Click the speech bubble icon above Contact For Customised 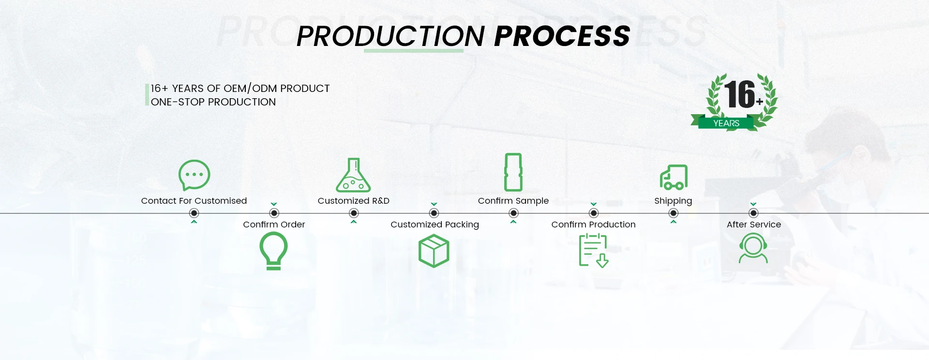pyautogui.click(x=194, y=175)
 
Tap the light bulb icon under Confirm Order pyautogui.click(x=273, y=251)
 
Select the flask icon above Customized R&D pyautogui.click(x=354, y=176)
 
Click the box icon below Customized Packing pyautogui.click(x=434, y=251)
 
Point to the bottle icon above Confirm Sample pyautogui.click(x=513, y=172)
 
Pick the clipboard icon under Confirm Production pyautogui.click(x=593, y=250)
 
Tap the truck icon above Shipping pyautogui.click(x=674, y=178)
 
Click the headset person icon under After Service pyautogui.click(x=753, y=248)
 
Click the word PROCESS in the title pyautogui.click(x=562, y=36)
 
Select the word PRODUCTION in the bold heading pyautogui.click(x=390, y=36)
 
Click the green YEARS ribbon pyautogui.click(x=726, y=123)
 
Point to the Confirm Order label pyautogui.click(x=274, y=225)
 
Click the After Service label pyautogui.click(x=753, y=225)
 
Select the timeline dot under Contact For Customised pyautogui.click(x=194, y=213)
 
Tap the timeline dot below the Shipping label pyautogui.click(x=673, y=213)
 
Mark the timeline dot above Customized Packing pyautogui.click(x=434, y=213)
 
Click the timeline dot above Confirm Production pyautogui.click(x=594, y=213)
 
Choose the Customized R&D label pyautogui.click(x=353, y=201)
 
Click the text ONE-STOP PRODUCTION pyautogui.click(x=213, y=102)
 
